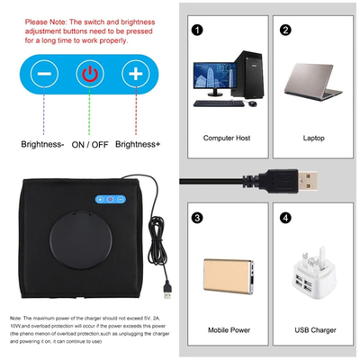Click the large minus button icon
coord(44,74)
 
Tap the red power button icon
coord(89,74)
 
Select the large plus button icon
coord(134,74)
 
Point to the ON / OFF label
coord(89,143)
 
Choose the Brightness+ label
coord(138,143)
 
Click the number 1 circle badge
coord(197,29)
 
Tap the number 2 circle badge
coord(285,29)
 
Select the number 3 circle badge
coord(197,218)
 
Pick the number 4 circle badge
coord(285,218)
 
